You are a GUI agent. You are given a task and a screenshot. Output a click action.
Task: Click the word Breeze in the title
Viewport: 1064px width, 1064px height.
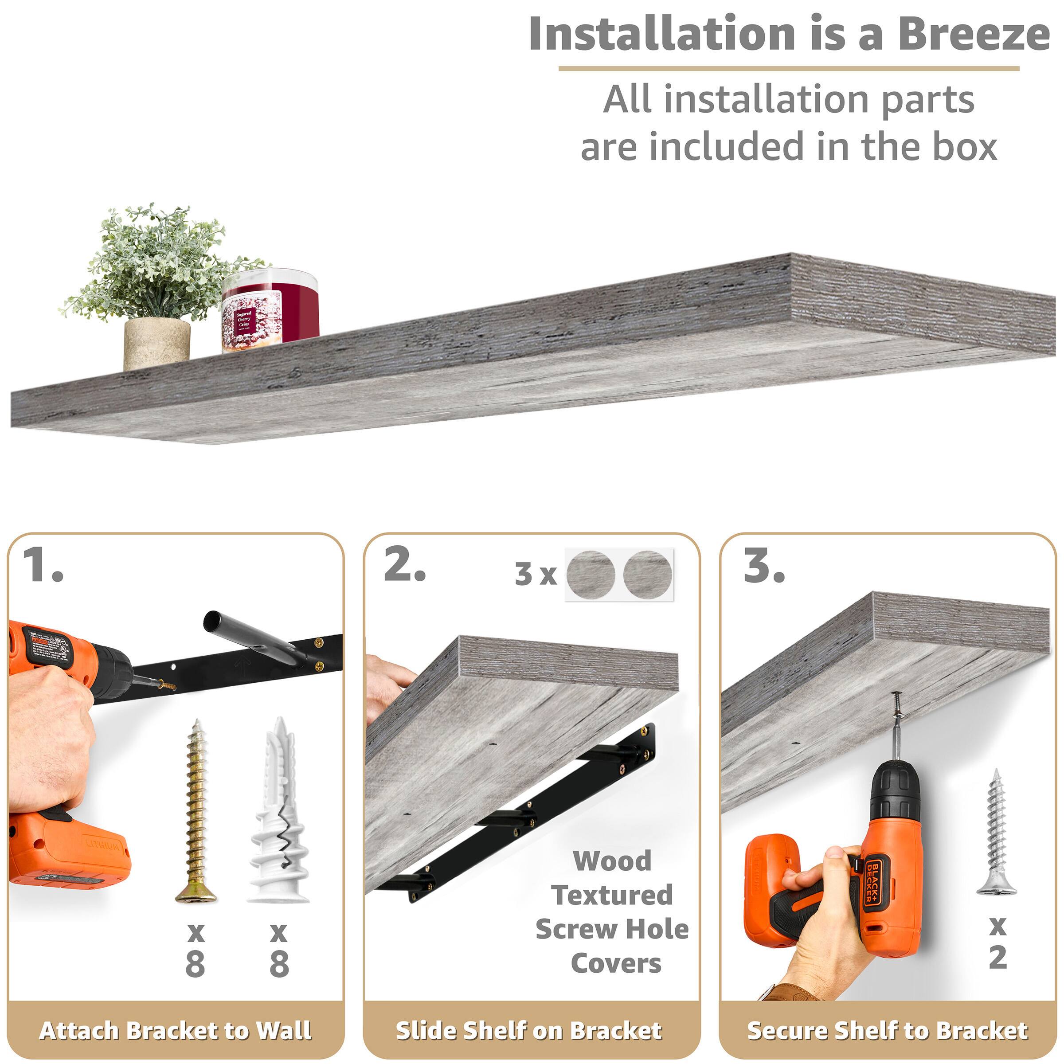tap(973, 34)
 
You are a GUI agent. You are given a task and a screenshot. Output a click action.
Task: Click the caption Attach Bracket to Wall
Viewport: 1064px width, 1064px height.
tap(175, 1030)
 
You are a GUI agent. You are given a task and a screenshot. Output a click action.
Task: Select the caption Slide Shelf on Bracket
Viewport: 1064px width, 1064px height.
tap(529, 1030)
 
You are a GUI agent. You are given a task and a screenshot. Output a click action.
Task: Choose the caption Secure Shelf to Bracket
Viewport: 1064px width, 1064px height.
tap(887, 1030)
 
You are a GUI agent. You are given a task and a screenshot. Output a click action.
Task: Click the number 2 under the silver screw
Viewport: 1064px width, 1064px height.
tap(998, 957)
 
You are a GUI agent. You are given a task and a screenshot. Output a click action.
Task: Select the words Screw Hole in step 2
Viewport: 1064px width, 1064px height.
tap(612, 930)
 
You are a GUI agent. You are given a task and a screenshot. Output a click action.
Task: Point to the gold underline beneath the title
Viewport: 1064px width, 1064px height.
tap(789, 69)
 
